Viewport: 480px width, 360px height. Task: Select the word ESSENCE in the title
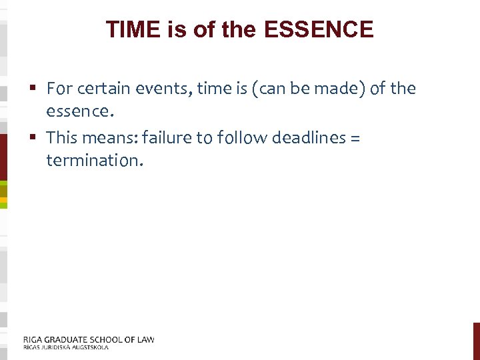319,29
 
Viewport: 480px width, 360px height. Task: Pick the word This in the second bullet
62,137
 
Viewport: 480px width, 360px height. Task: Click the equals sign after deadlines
355,138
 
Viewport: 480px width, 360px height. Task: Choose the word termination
94,160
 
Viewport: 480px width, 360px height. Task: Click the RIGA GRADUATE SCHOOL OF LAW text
89,339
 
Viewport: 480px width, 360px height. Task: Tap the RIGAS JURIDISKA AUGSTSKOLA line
65,347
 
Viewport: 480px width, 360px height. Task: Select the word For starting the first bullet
59,88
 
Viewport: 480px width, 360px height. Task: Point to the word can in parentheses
273,88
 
